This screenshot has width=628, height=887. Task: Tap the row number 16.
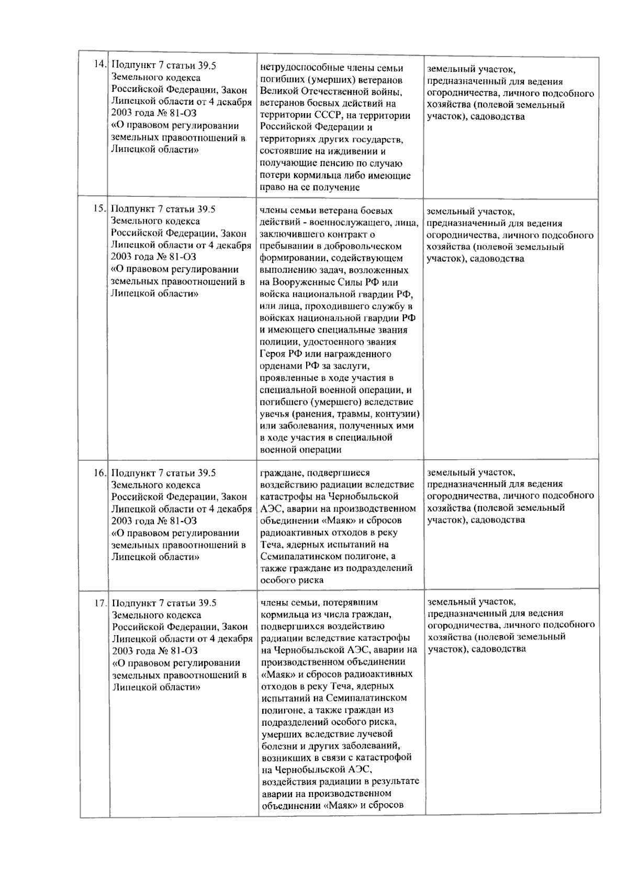[x=100, y=473]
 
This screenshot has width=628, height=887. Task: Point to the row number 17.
[x=100, y=603]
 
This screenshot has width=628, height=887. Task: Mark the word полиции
[x=276, y=342]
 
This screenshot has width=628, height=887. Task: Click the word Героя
[x=273, y=354]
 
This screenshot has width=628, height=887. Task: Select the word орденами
[x=278, y=366]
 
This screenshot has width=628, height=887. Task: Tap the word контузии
[x=399, y=414]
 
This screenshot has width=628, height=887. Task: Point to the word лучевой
[x=377, y=734]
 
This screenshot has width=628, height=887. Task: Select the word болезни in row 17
[x=278, y=746]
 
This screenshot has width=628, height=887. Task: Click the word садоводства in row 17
[x=498, y=649]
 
